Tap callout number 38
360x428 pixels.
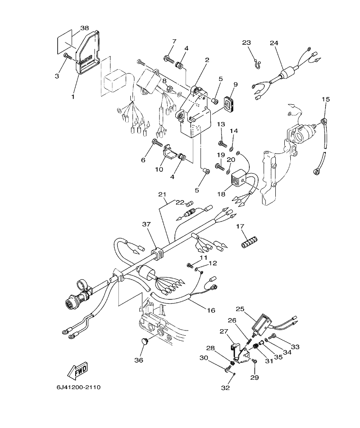[85, 28]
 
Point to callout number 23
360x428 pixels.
[246, 43]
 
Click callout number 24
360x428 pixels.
[274, 43]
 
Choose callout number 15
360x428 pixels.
[325, 99]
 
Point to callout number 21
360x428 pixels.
[162, 195]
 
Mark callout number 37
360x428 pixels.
[147, 224]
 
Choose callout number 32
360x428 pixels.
[225, 387]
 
